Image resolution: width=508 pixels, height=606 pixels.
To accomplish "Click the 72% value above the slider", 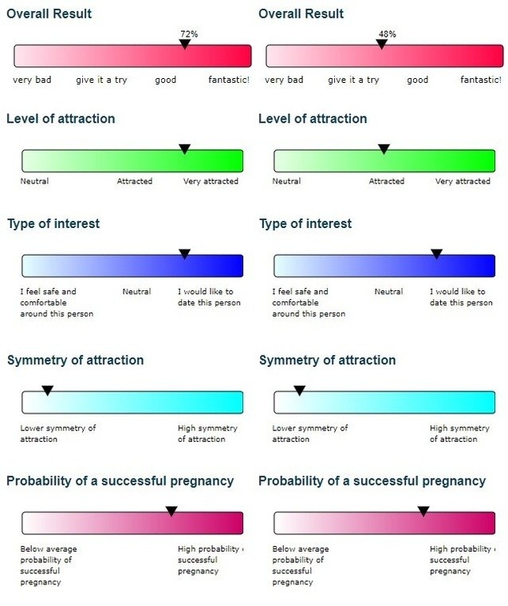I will (x=188, y=33).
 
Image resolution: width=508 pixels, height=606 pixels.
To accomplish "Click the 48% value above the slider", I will (x=388, y=33).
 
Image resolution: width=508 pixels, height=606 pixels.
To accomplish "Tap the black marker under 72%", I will (x=184, y=45).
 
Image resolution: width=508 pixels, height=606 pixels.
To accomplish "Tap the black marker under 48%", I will (x=381, y=45).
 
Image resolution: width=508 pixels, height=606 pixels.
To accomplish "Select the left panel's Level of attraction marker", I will (x=184, y=149).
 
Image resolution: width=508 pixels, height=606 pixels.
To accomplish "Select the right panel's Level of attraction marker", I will (x=384, y=149).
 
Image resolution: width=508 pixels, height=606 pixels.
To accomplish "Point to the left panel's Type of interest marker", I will (x=184, y=254).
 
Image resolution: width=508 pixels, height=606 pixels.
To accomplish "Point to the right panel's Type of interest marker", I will (x=436, y=254).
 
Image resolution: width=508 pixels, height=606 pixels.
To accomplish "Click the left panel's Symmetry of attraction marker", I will (x=47, y=391).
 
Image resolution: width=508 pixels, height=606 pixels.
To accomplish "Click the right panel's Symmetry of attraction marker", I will (x=299, y=391).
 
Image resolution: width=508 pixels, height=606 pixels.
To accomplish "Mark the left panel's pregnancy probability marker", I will (x=171, y=511).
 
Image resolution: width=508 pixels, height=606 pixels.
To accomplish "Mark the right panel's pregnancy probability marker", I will (x=423, y=511).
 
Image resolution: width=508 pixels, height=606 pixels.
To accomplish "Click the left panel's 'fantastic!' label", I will (x=229, y=80).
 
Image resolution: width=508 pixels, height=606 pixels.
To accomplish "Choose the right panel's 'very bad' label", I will (x=284, y=80).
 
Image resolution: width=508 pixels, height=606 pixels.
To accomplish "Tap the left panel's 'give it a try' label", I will (x=101, y=80).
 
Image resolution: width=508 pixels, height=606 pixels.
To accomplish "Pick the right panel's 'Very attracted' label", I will (x=463, y=181).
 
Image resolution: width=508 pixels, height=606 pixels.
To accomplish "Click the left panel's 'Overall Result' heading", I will (x=49, y=14).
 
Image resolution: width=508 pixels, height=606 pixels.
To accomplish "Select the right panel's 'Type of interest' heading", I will (x=305, y=224).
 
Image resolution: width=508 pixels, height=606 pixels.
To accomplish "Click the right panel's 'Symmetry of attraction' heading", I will (x=327, y=360).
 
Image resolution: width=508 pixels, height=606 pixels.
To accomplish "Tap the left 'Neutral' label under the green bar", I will (x=34, y=181).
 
